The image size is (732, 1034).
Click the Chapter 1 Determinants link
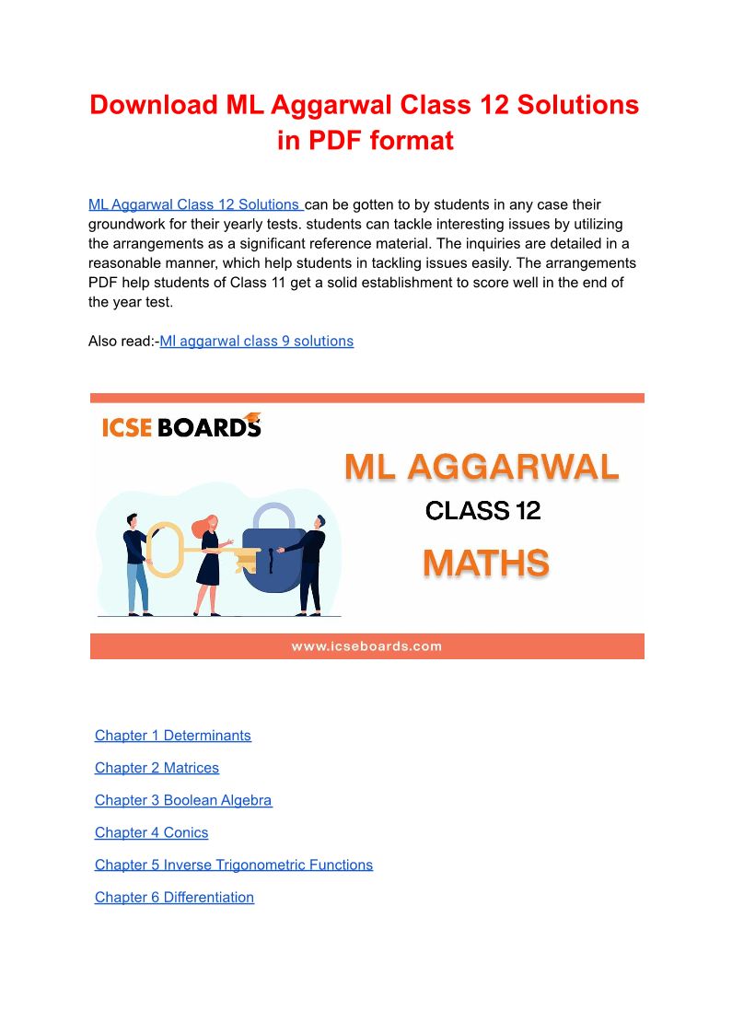click(172, 736)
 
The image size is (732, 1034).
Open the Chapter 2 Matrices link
click(157, 768)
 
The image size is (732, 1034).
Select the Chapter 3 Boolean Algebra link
click(183, 800)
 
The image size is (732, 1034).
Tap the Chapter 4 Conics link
click(151, 832)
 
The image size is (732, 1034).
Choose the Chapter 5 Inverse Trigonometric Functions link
click(233, 865)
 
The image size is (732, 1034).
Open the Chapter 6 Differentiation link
click(174, 897)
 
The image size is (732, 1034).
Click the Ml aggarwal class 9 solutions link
click(256, 341)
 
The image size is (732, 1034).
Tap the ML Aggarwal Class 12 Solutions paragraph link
click(194, 204)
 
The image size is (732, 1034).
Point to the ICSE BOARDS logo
click(181, 426)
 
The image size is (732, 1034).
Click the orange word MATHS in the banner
click(485, 563)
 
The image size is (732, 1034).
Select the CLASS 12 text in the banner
click(482, 510)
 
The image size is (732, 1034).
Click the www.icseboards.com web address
click(366, 646)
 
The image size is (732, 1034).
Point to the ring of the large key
click(165, 550)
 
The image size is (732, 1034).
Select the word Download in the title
click(153, 105)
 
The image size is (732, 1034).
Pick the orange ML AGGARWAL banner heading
click(482, 468)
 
